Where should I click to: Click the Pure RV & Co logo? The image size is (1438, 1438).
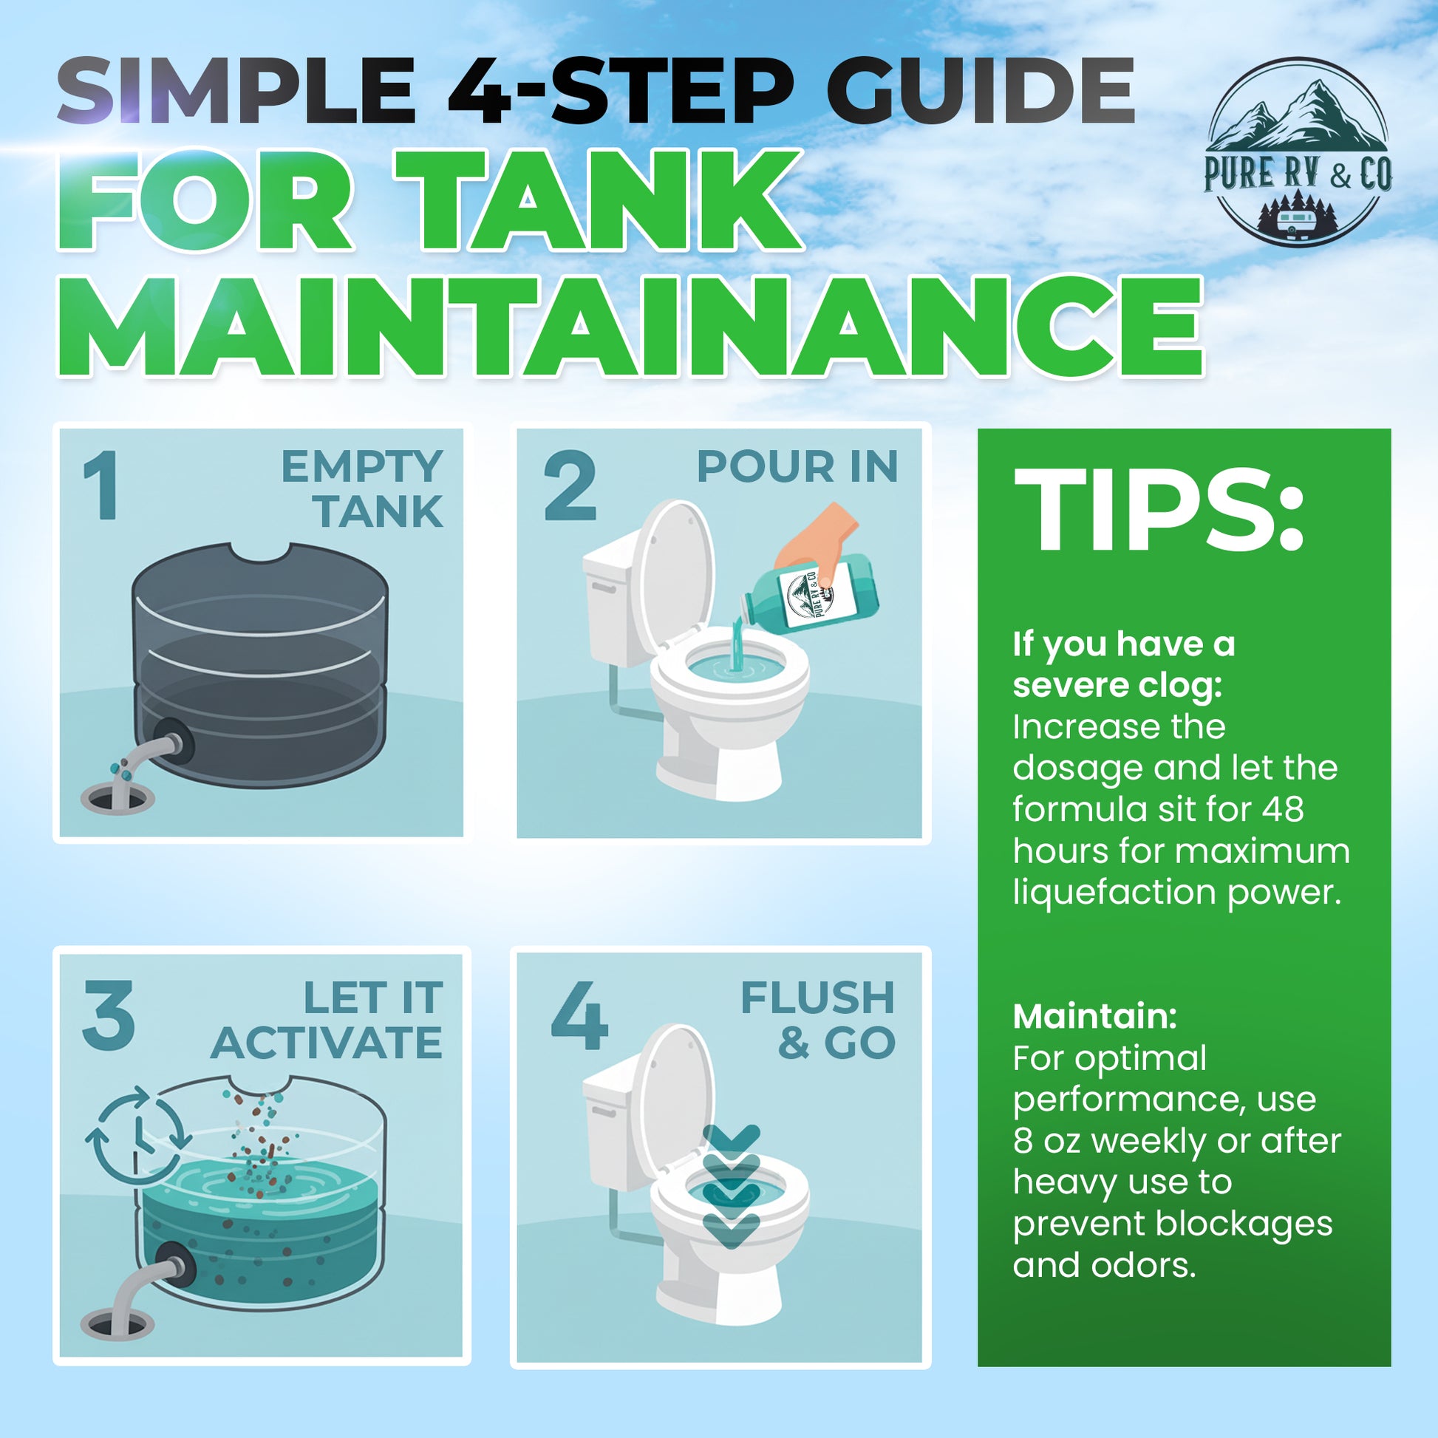pos(1298,151)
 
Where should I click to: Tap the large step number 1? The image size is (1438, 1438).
pos(101,485)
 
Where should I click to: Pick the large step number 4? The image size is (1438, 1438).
pos(580,1015)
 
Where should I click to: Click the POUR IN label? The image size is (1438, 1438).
pos(797,467)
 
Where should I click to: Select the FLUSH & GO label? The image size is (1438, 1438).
pos(818,1020)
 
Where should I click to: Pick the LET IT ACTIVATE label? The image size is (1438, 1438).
pos(327,1020)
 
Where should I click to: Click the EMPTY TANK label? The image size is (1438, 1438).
pos(362,489)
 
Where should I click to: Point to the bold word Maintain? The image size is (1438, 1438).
pos(1095,1017)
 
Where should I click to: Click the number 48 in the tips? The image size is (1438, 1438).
pos(1282,809)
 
